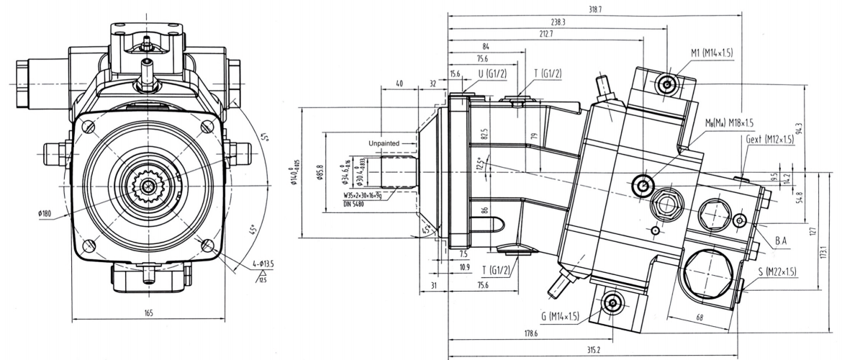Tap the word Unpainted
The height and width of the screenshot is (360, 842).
[x=386, y=143]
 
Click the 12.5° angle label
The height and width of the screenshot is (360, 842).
[x=481, y=166]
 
